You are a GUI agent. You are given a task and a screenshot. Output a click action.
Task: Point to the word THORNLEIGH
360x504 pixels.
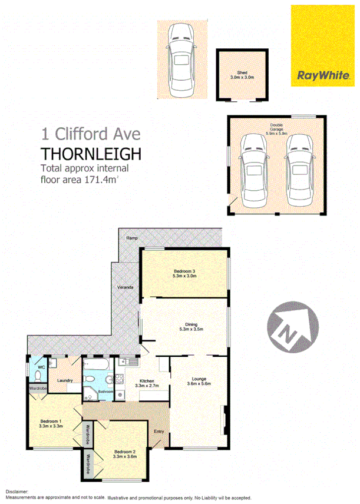coord(91,154)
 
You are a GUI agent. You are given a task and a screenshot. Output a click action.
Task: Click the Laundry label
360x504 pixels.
coord(65,380)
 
